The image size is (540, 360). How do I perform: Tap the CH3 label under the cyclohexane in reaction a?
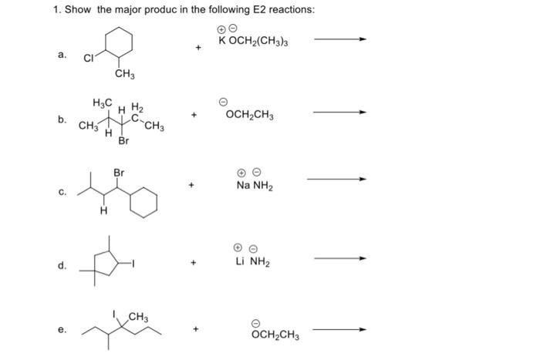coord(124,74)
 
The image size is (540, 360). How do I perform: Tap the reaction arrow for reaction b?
coord(339,113)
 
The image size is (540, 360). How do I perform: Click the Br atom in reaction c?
coord(119,173)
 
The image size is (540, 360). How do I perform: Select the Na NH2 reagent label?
coord(255,186)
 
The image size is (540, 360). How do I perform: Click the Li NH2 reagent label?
coord(254,261)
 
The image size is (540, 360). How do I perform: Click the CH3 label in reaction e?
coord(139,315)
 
